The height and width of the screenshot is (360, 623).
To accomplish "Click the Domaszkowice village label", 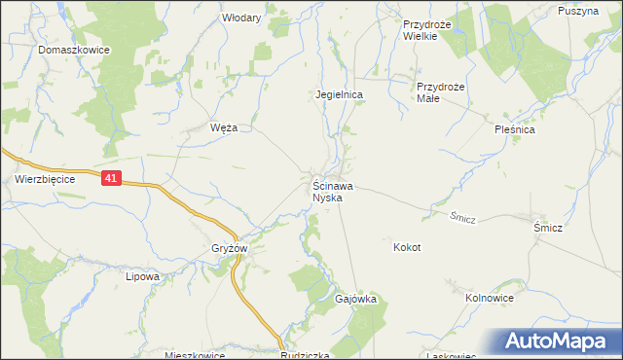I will pos(73,49).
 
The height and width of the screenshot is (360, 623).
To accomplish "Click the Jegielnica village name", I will pos(339,94).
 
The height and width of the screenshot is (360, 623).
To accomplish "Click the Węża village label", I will pos(224,127).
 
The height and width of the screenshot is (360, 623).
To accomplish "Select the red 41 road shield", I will pos(111,178).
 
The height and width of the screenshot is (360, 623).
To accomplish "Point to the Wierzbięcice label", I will pos(45,179).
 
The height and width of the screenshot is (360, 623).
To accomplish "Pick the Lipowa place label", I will pos(142,276).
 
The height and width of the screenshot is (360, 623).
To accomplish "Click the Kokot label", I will pos(407,247).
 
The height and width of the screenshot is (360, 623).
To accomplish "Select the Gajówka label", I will pos(356,299).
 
